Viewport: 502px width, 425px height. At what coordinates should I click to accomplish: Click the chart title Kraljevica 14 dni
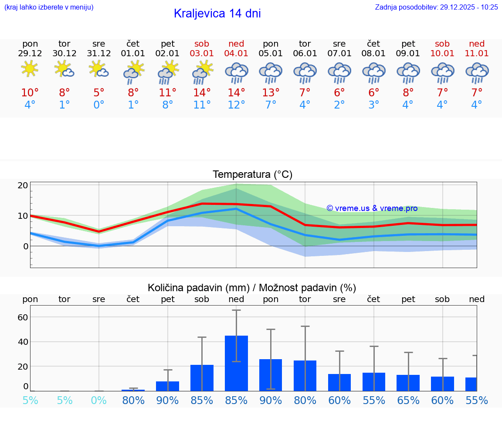217,14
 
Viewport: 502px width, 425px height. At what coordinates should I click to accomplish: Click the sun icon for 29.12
30,69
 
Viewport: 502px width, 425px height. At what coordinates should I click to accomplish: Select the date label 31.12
99,53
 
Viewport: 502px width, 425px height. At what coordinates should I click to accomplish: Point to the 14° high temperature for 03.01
202,92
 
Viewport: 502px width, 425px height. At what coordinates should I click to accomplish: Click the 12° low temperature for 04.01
236,105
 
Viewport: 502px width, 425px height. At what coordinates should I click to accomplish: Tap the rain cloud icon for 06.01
305,72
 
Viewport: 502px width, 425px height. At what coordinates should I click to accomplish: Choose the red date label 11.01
477,53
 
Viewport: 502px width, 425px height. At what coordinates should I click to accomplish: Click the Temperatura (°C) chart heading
252,174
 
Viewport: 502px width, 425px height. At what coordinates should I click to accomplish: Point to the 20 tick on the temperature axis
23,185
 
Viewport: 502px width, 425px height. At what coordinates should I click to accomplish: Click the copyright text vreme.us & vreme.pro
372,208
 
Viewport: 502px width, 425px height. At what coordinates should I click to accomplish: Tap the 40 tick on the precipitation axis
23,342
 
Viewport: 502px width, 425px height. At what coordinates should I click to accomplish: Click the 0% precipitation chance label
99,400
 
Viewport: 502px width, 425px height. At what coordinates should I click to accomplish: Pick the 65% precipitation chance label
408,400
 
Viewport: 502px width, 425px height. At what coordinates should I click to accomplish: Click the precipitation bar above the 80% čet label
133,390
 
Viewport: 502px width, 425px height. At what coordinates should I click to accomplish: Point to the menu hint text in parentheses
49,7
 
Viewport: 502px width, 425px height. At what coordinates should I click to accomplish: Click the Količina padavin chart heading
252,288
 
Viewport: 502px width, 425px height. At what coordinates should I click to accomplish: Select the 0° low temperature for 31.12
99,105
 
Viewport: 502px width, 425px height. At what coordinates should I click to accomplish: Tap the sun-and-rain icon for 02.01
168,72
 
